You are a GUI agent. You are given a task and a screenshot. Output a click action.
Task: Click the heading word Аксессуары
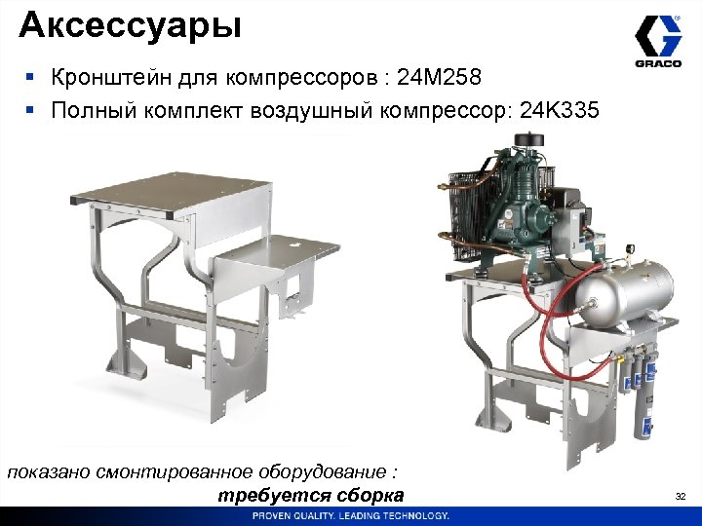(130, 23)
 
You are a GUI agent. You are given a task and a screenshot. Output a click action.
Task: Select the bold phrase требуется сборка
(311, 497)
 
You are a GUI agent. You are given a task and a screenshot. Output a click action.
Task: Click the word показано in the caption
(50, 471)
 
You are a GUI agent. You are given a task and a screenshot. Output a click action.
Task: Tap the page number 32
(681, 498)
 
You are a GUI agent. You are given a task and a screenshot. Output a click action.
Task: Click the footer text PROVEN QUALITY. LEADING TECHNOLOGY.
(351, 515)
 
